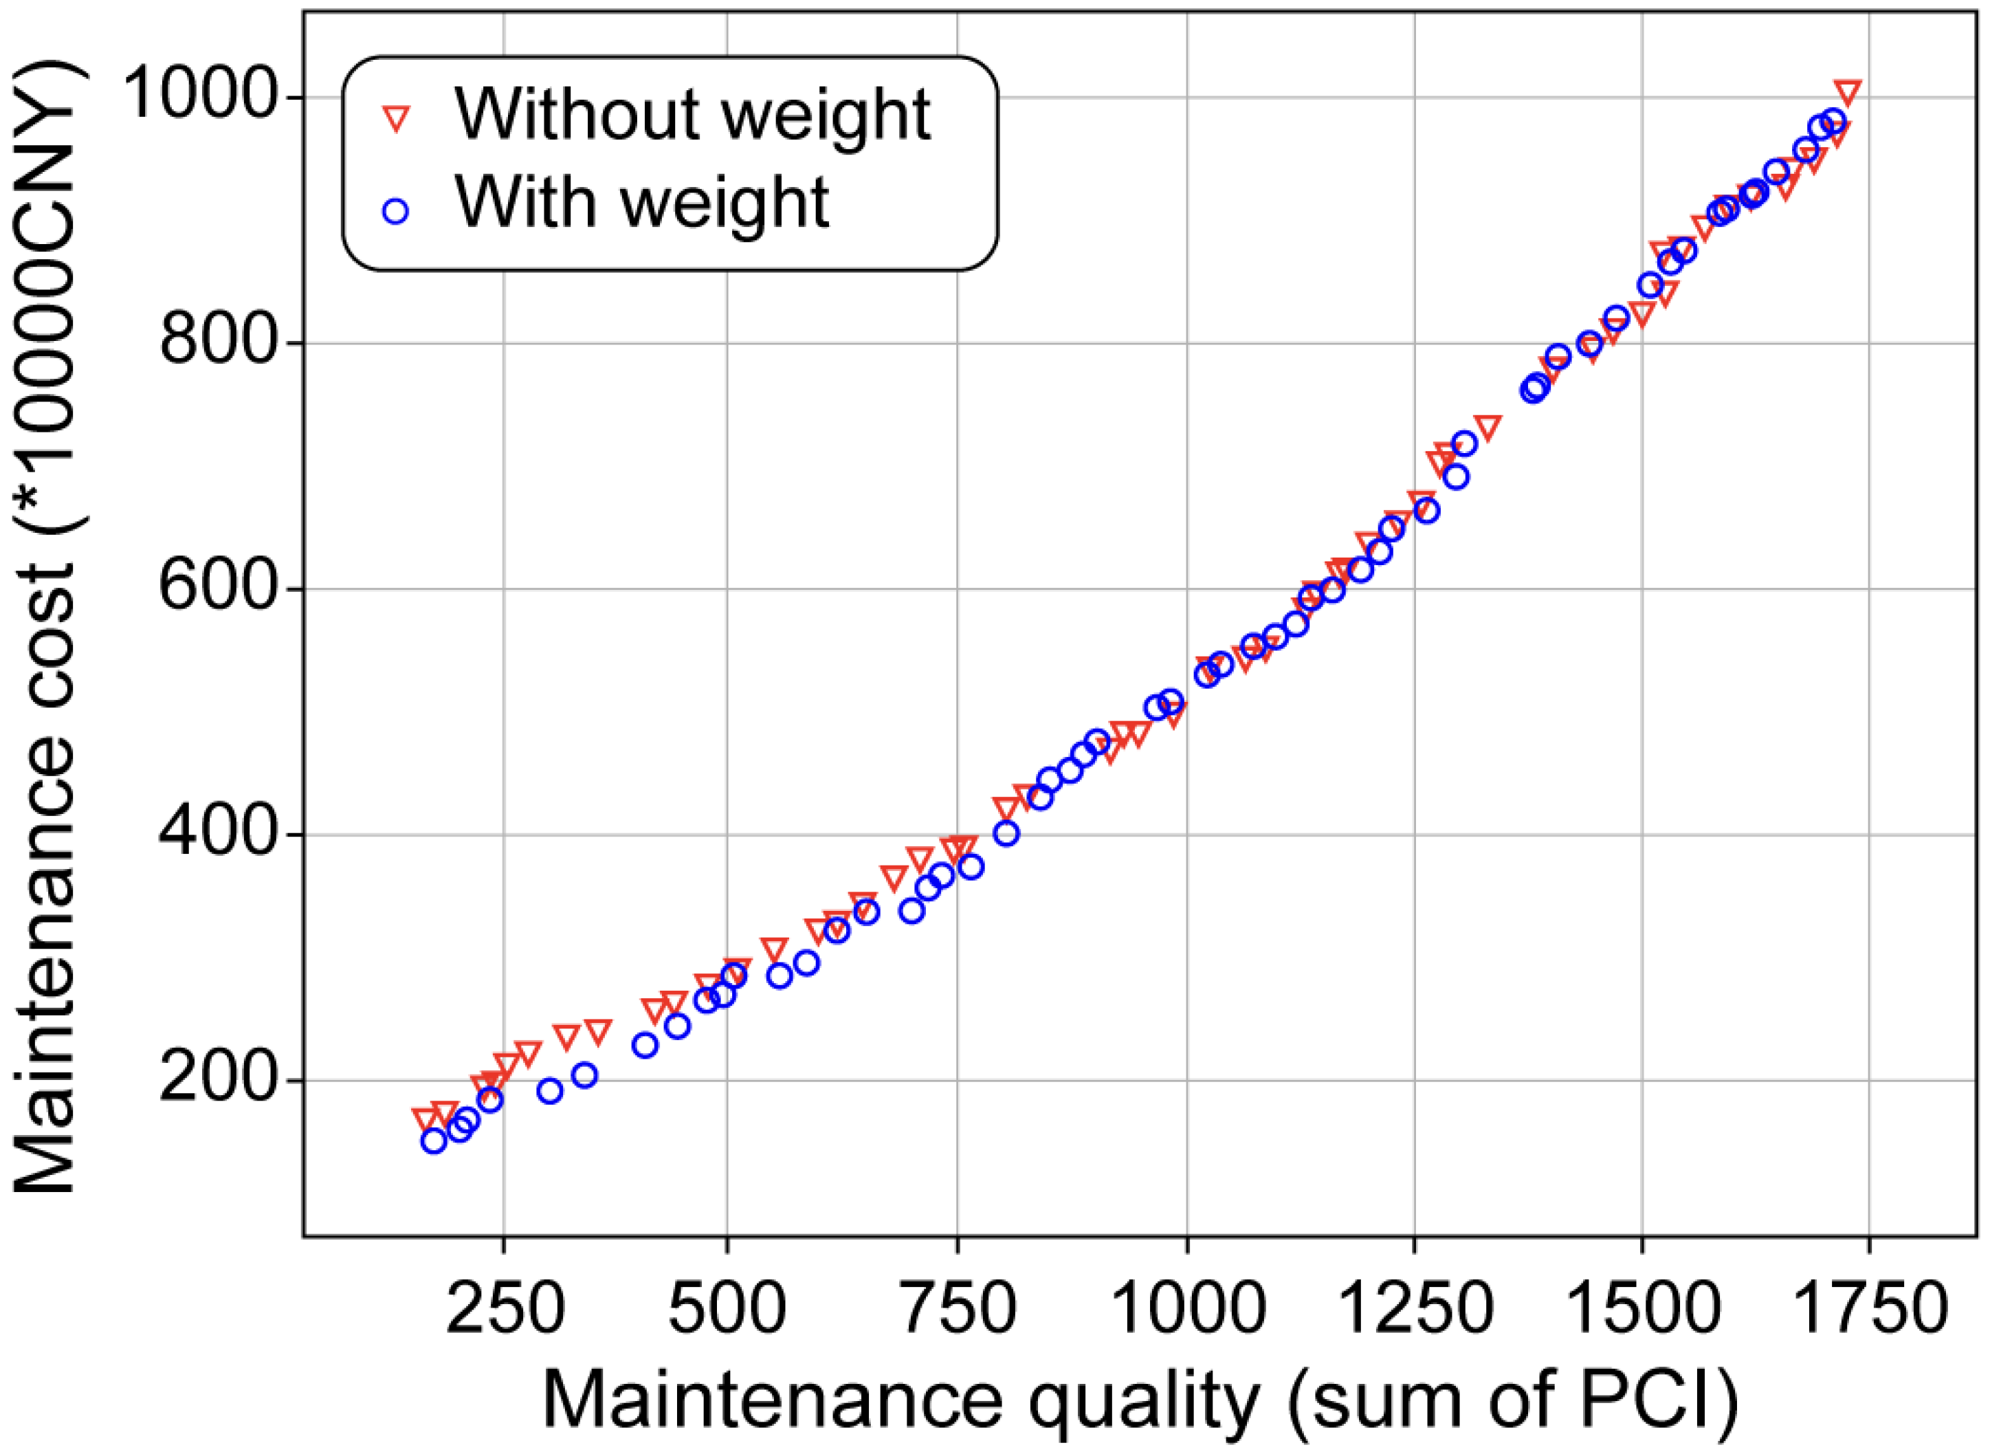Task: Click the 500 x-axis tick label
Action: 727,1309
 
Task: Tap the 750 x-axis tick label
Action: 958,1309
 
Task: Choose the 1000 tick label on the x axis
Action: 1189,1309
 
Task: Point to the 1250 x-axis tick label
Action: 1415,1309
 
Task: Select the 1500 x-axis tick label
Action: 1644,1309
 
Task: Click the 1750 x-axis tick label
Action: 1870,1309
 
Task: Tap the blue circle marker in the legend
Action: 397,211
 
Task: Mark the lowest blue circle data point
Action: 434,1141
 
